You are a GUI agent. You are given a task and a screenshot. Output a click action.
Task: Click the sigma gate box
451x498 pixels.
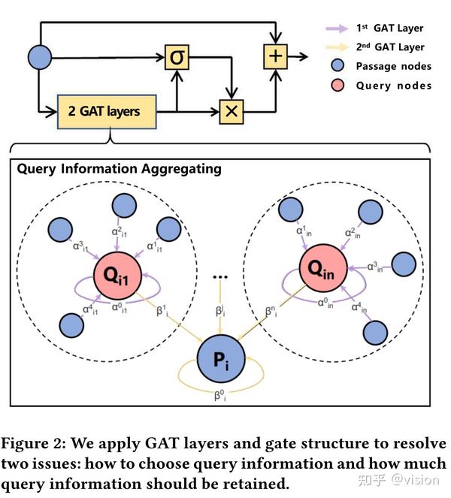pos(176,57)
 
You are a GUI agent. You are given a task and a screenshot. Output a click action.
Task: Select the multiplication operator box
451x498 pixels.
pos(231,112)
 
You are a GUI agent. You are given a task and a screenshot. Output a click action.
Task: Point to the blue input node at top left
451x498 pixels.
pos(39,57)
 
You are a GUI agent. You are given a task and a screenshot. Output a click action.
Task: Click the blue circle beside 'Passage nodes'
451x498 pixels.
pos(338,66)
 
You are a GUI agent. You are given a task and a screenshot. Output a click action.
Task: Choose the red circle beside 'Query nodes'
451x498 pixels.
pos(338,86)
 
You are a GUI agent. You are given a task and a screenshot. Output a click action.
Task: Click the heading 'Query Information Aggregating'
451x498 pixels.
pos(120,169)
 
